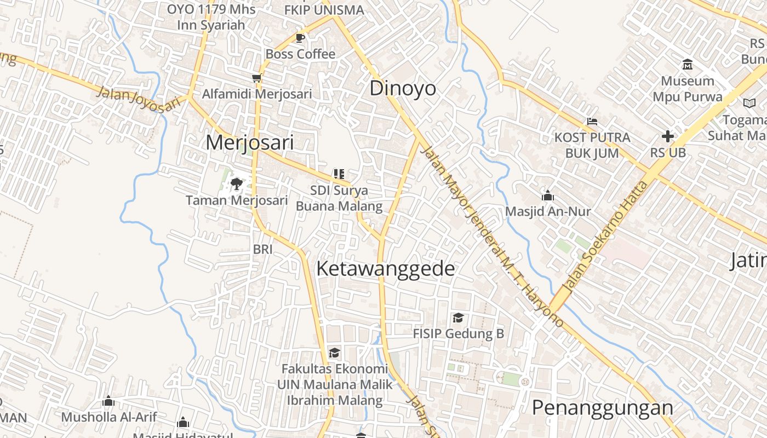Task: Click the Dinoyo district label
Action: (403, 89)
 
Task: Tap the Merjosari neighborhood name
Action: (249, 143)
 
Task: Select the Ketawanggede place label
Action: (386, 269)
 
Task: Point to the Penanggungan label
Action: (602, 408)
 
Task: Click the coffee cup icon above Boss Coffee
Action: (300, 38)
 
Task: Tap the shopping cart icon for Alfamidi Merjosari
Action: (256, 78)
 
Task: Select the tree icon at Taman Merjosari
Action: (237, 183)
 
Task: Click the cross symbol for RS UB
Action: (667, 136)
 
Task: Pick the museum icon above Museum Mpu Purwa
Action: (688, 65)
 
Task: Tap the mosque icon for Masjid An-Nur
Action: (547, 195)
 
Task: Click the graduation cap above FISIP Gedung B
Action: (458, 318)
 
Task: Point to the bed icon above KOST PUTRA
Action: (592, 121)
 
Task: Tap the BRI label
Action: (262, 250)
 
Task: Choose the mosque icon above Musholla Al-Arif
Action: (108, 401)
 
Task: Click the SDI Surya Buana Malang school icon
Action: (339, 174)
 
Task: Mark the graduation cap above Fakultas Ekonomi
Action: (334, 352)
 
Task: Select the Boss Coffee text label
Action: (300, 54)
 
